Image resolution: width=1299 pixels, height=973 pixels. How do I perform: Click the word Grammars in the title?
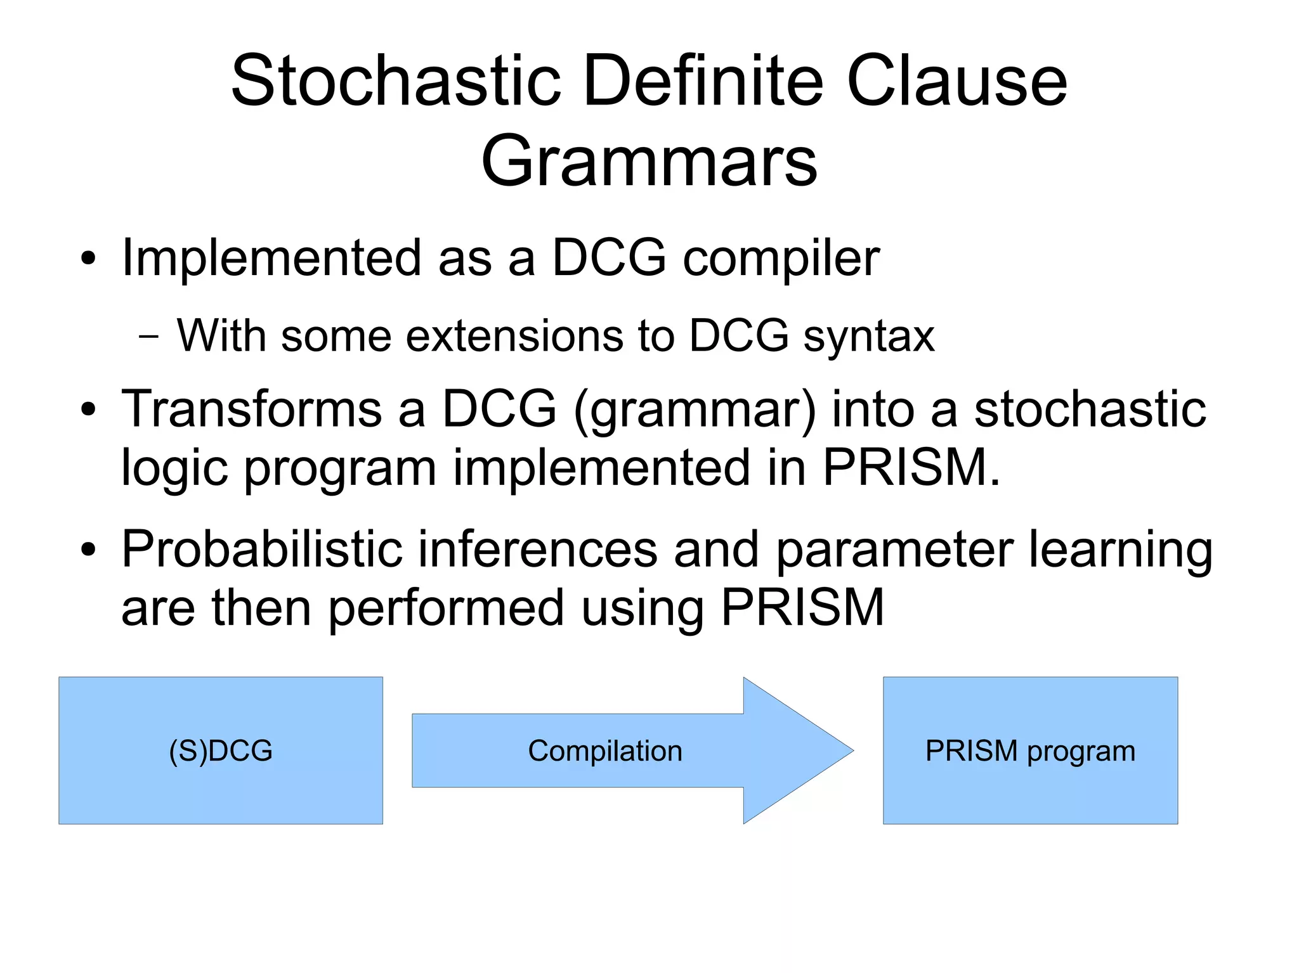[649, 162]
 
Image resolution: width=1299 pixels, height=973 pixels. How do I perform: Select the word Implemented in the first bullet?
[271, 258]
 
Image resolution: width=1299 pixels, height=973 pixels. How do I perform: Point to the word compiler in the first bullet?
[781, 259]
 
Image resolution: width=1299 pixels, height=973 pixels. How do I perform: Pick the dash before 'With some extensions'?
[148, 337]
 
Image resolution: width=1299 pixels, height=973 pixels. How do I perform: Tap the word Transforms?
[251, 409]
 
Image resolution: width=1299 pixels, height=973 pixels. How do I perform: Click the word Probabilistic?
[262, 550]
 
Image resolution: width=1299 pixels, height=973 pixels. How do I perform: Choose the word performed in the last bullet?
[446, 608]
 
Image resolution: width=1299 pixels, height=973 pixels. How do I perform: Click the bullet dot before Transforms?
[88, 409]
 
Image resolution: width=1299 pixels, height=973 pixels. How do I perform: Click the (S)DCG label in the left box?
[220, 751]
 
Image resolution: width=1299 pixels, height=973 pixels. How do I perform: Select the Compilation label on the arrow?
[604, 751]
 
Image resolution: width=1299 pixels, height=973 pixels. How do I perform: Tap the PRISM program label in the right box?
[1029, 751]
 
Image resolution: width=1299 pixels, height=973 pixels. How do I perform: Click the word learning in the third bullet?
[1120, 550]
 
